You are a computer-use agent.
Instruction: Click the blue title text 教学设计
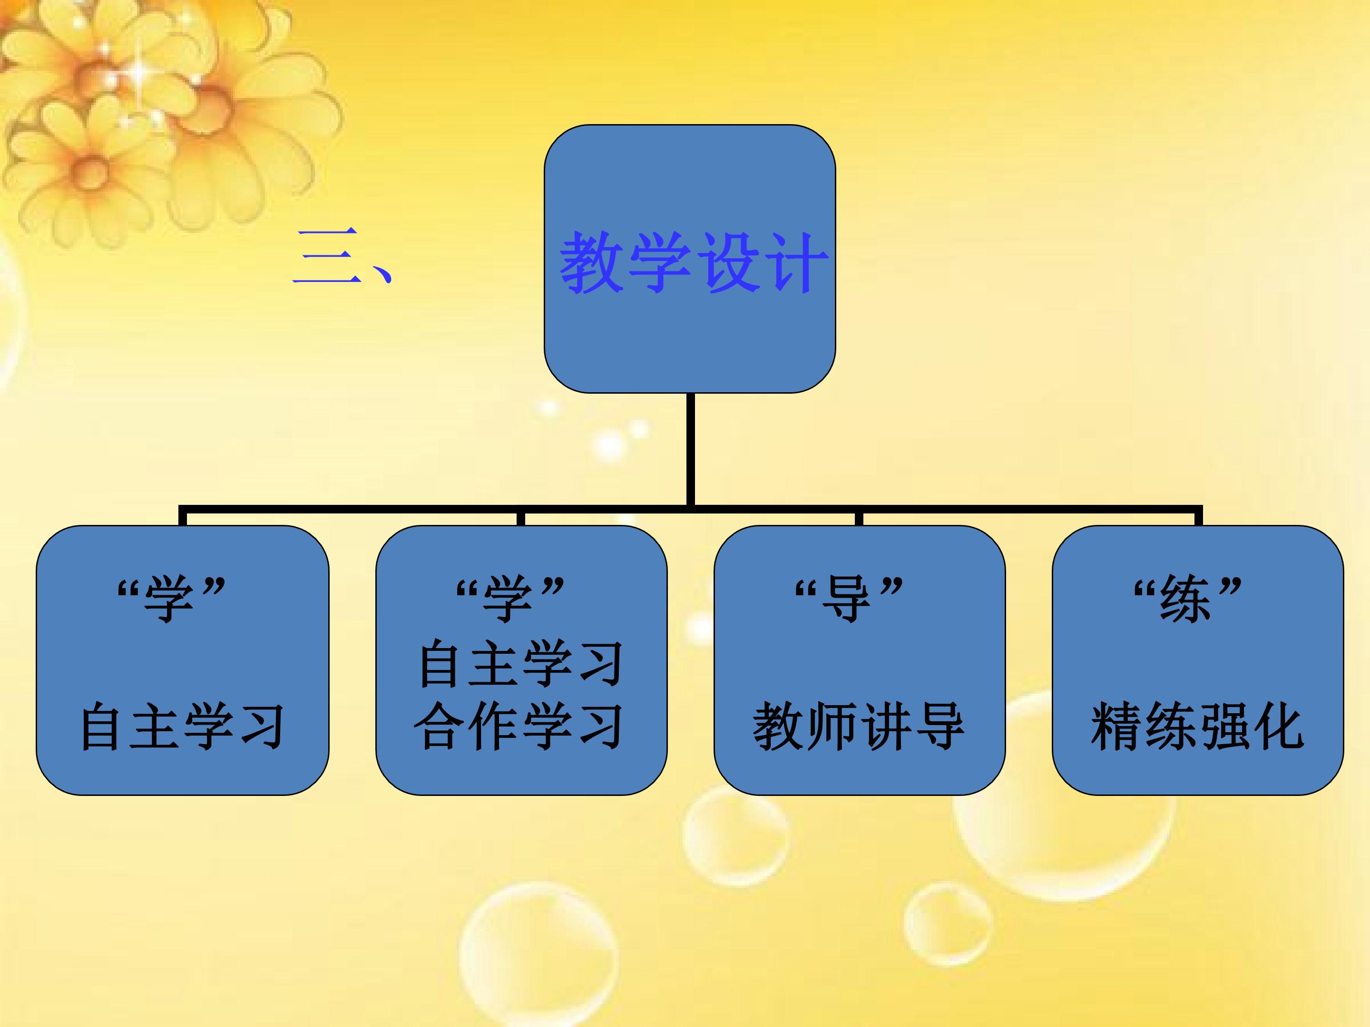pyautogui.click(x=694, y=262)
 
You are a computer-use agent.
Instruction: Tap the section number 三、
pyautogui.click(x=342, y=256)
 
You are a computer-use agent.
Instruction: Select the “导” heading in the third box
pyautogui.click(x=849, y=598)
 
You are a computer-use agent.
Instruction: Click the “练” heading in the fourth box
pyautogui.click(x=1187, y=598)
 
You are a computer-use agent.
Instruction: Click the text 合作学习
pyautogui.click(x=519, y=726)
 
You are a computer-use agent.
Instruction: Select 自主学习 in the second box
pyautogui.click(x=520, y=664)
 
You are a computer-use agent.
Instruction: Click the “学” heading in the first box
pyautogui.click(x=171, y=598)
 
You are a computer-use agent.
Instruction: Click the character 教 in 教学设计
pyautogui.click(x=591, y=262)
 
